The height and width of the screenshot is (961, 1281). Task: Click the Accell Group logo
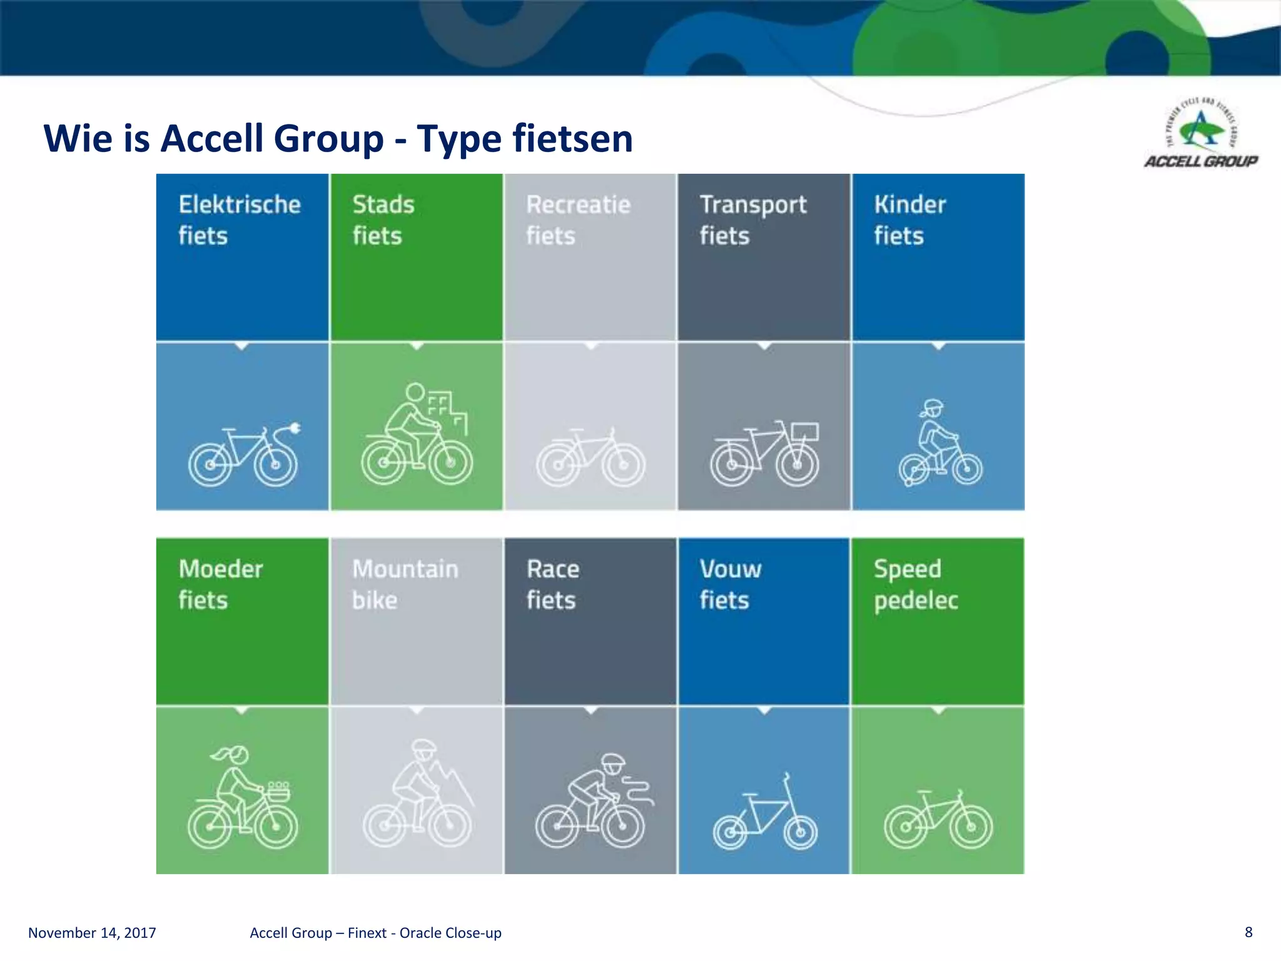[1200, 135]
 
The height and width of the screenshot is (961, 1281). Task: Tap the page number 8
[1248, 932]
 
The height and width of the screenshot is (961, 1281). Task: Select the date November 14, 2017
[92, 933]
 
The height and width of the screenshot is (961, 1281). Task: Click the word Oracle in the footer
[422, 933]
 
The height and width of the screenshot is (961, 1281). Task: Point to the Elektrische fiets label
[239, 220]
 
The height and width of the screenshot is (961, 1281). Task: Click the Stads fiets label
[383, 220]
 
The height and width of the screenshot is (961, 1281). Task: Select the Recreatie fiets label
[578, 220]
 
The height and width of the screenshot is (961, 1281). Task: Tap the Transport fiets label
[752, 220]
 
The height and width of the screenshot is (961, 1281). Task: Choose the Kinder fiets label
[909, 220]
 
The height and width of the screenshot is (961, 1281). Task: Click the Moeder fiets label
[220, 584]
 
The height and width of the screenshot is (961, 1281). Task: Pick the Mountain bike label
[405, 584]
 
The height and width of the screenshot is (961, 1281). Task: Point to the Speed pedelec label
[915, 584]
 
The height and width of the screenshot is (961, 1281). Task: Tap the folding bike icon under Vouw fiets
[764, 813]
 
